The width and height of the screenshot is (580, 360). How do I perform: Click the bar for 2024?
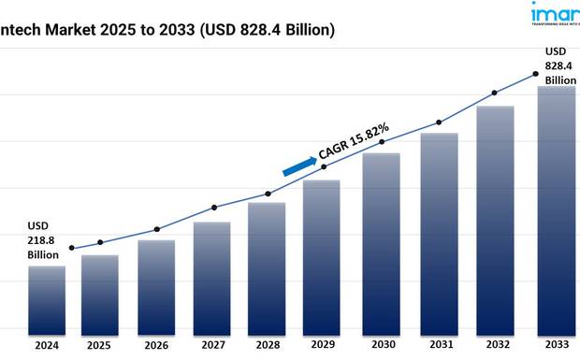point(47,299)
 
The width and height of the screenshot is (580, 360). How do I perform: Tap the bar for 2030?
point(381,242)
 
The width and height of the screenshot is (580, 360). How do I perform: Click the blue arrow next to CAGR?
point(299,166)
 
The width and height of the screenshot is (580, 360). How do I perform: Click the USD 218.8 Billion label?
point(43,240)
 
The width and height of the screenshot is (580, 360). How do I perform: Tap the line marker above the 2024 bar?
point(72,248)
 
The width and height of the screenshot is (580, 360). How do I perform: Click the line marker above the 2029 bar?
point(324,166)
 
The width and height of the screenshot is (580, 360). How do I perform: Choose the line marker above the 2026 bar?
point(156,229)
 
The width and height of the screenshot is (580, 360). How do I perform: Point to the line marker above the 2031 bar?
point(438,122)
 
